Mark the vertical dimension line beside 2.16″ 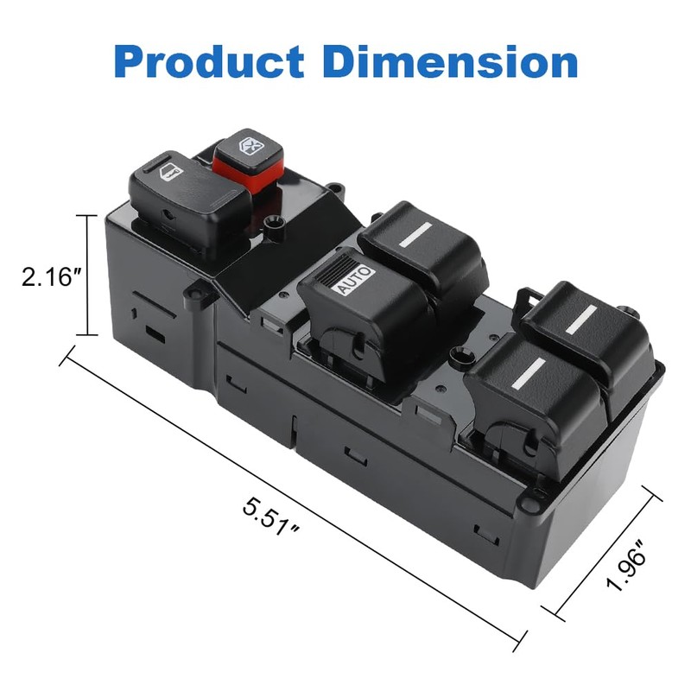click(x=88, y=275)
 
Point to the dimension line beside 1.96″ click(x=605, y=552)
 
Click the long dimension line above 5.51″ click(x=294, y=493)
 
